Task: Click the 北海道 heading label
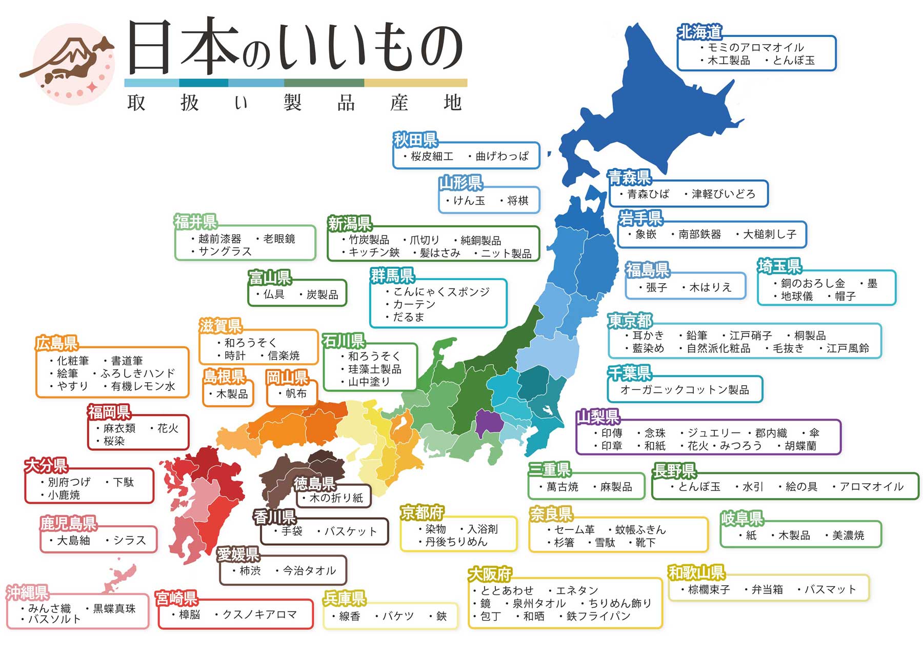tap(699, 32)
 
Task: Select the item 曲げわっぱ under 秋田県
tap(501, 156)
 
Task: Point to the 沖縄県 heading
tap(27, 593)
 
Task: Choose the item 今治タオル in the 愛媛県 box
tap(309, 570)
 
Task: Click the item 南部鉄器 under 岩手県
tap(699, 234)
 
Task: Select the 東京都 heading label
tap(630, 321)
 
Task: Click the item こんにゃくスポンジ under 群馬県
tap(441, 292)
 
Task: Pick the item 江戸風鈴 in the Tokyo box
tap(848, 348)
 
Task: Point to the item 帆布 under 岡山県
tap(295, 393)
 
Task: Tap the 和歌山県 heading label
tap(695, 572)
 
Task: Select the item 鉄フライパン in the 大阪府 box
tap(598, 616)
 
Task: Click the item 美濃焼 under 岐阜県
tap(848, 536)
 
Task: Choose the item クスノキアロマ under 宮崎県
tap(259, 615)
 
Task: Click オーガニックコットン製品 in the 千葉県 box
tap(685, 390)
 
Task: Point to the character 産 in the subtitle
tap(399, 103)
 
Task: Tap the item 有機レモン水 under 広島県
tap(143, 386)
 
